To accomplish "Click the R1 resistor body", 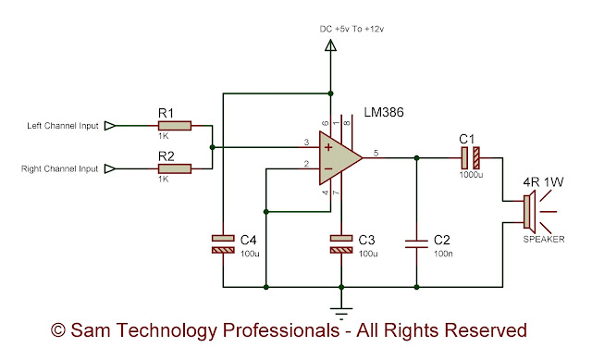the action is [175, 126].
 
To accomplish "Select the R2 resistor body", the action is [175, 168].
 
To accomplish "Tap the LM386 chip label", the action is [384, 112].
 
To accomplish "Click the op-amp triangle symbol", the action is [340, 158].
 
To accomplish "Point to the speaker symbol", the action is [530, 212].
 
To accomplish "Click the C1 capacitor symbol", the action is [471, 158].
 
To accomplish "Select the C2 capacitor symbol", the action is [416, 244].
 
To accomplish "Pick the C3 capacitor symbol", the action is [341, 244].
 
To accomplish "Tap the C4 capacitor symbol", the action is [223, 244].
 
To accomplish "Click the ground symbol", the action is [341, 312].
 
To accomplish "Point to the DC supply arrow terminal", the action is [331, 45].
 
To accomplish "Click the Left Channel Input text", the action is [63, 126].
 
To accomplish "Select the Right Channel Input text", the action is [59, 168].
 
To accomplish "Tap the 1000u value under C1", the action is [471, 175].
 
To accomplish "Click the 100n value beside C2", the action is [443, 254].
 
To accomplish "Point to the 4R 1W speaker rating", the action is [543, 182].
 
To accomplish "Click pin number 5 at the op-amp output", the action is [376, 153].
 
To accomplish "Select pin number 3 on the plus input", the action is [306, 142].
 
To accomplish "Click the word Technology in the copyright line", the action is [167, 331].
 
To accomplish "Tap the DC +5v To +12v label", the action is [351, 29].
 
